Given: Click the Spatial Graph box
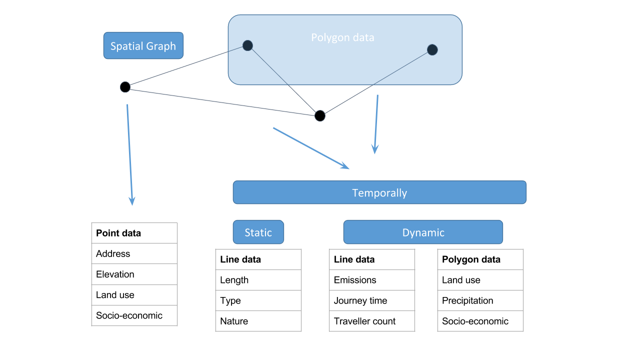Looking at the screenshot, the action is coord(143,45).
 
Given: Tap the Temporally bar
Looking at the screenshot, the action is coord(379,192).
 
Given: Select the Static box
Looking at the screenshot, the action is coord(258,232).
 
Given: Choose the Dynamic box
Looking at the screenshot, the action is coord(423,232).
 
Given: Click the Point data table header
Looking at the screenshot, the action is coord(134,233).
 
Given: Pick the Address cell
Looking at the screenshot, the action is coord(134,253).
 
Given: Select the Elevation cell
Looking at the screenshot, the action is coord(134,274).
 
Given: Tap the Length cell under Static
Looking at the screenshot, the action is coord(258,280).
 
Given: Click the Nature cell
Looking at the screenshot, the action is coord(258,321).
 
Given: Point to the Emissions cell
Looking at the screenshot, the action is coord(372,280).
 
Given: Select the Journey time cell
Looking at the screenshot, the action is coord(372,300).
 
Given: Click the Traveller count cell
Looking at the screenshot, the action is coord(372,321).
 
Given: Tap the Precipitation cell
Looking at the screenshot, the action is coord(480,300).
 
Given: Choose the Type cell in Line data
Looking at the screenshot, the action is coord(258,300).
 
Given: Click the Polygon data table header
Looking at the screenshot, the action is coord(480,259).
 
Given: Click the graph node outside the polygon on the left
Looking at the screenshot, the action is coord(125,87).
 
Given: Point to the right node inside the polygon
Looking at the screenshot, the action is coord(432,49).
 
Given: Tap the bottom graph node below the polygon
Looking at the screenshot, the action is coord(319,115).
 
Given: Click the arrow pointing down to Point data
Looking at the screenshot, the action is coord(129,155).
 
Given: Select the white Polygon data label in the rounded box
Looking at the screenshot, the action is coord(342,37).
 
